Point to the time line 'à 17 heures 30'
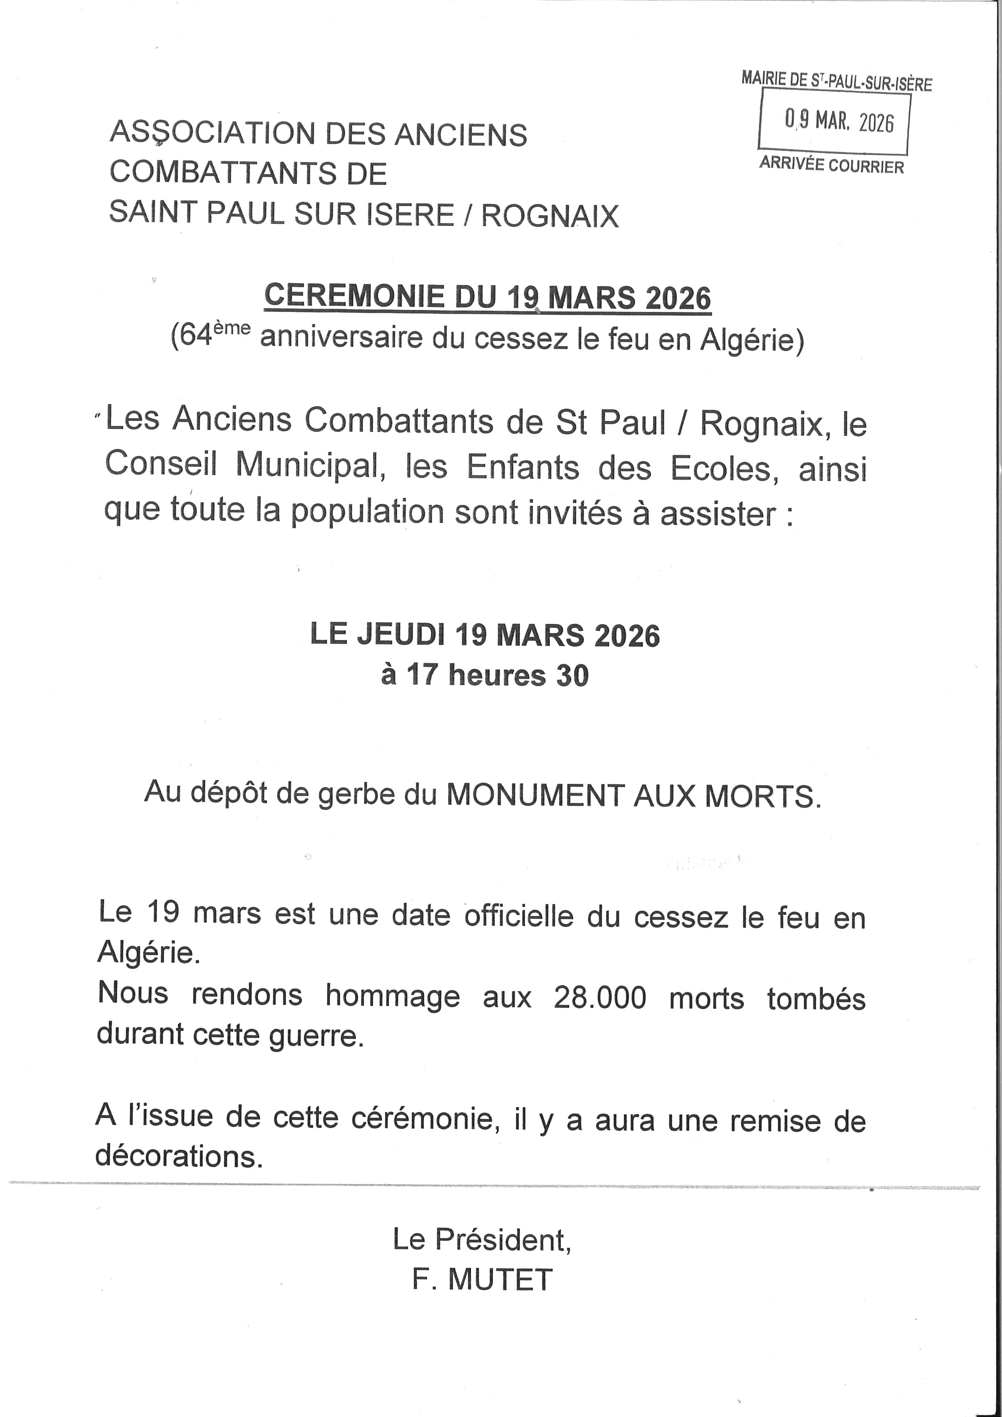point(485,675)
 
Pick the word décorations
point(179,1156)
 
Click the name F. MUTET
point(482,1280)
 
